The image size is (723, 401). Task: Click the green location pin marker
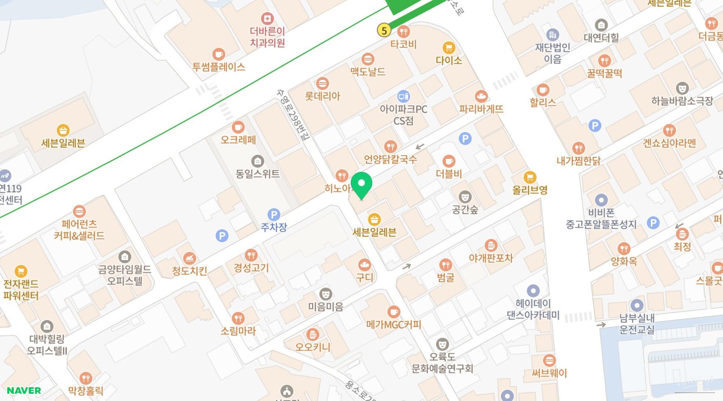coord(361,185)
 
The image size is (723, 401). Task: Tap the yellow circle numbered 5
coord(384,30)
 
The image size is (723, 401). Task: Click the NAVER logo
coord(24,391)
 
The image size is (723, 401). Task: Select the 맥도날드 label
coord(368,72)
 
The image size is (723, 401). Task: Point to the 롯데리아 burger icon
coord(322,83)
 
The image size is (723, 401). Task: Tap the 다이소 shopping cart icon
coord(449,48)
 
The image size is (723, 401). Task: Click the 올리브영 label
coord(530,190)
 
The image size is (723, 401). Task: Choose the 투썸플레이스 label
coord(218,67)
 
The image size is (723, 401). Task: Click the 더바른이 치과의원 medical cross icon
coord(267,19)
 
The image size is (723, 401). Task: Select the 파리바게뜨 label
coord(481,109)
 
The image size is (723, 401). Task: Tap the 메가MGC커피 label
coord(394,325)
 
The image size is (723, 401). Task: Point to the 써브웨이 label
coord(549,373)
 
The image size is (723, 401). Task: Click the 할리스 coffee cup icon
coord(542,89)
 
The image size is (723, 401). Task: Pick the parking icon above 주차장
coord(274,215)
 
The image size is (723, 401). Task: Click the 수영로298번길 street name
coord(293,114)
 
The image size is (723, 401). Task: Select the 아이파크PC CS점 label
coord(403,115)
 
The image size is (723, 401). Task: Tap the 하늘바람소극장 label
coord(682,101)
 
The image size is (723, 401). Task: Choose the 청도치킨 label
coord(189,271)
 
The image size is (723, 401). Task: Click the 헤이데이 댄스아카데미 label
coord(533,309)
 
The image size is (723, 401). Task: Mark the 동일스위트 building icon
coord(258,161)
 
